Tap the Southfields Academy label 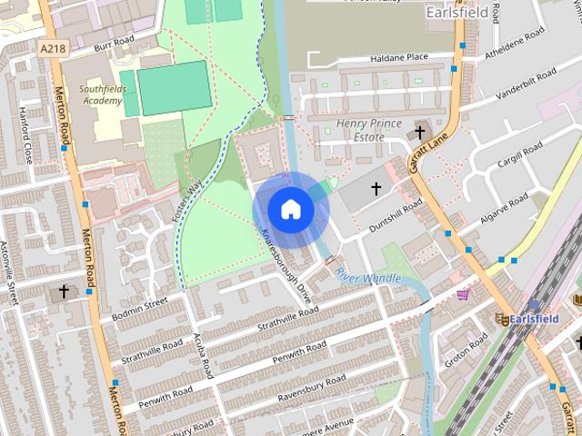(x=100, y=94)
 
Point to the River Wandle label (x=367, y=277)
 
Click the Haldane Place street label (x=398, y=58)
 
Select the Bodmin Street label (x=140, y=307)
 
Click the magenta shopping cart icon (x=463, y=294)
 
